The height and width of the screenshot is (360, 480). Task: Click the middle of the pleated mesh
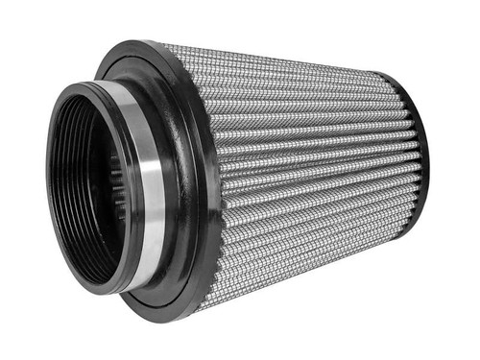coord(307,173)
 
